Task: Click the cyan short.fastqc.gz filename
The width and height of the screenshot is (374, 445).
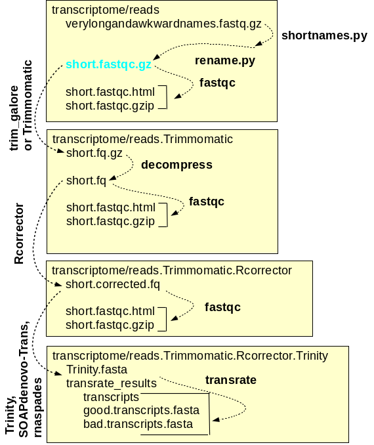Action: tap(108, 65)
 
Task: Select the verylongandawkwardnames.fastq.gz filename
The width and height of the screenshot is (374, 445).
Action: tap(163, 24)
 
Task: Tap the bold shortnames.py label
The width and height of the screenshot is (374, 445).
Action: tap(324, 35)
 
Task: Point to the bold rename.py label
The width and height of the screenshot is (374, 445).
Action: tap(225, 61)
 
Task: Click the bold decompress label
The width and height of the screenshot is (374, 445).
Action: tap(177, 165)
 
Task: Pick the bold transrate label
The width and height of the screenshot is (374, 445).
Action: tap(231, 380)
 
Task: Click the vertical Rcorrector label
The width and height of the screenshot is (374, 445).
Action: tap(19, 233)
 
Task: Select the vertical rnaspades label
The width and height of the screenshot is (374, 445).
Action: tap(37, 408)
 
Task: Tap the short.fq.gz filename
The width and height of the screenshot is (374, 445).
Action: tap(94, 154)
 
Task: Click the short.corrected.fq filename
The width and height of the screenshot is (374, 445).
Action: tap(113, 284)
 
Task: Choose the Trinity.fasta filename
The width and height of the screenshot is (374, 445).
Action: tap(96, 370)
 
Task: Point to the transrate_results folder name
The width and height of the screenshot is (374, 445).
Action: tap(112, 384)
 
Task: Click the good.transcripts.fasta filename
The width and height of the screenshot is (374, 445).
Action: tap(141, 411)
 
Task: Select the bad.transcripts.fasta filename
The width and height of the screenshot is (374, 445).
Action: tap(138, 424)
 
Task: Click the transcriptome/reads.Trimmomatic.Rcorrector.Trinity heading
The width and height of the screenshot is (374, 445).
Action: tap(190, 356)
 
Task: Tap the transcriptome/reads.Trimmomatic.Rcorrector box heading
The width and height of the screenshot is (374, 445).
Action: tap(172, 270)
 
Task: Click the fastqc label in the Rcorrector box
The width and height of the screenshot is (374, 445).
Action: tap(222, 307)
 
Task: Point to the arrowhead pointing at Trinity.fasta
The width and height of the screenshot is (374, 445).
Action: tap(58, 373)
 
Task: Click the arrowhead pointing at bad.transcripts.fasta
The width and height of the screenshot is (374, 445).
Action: tap(216, 420)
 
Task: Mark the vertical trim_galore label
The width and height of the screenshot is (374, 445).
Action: tap(14, 118)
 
